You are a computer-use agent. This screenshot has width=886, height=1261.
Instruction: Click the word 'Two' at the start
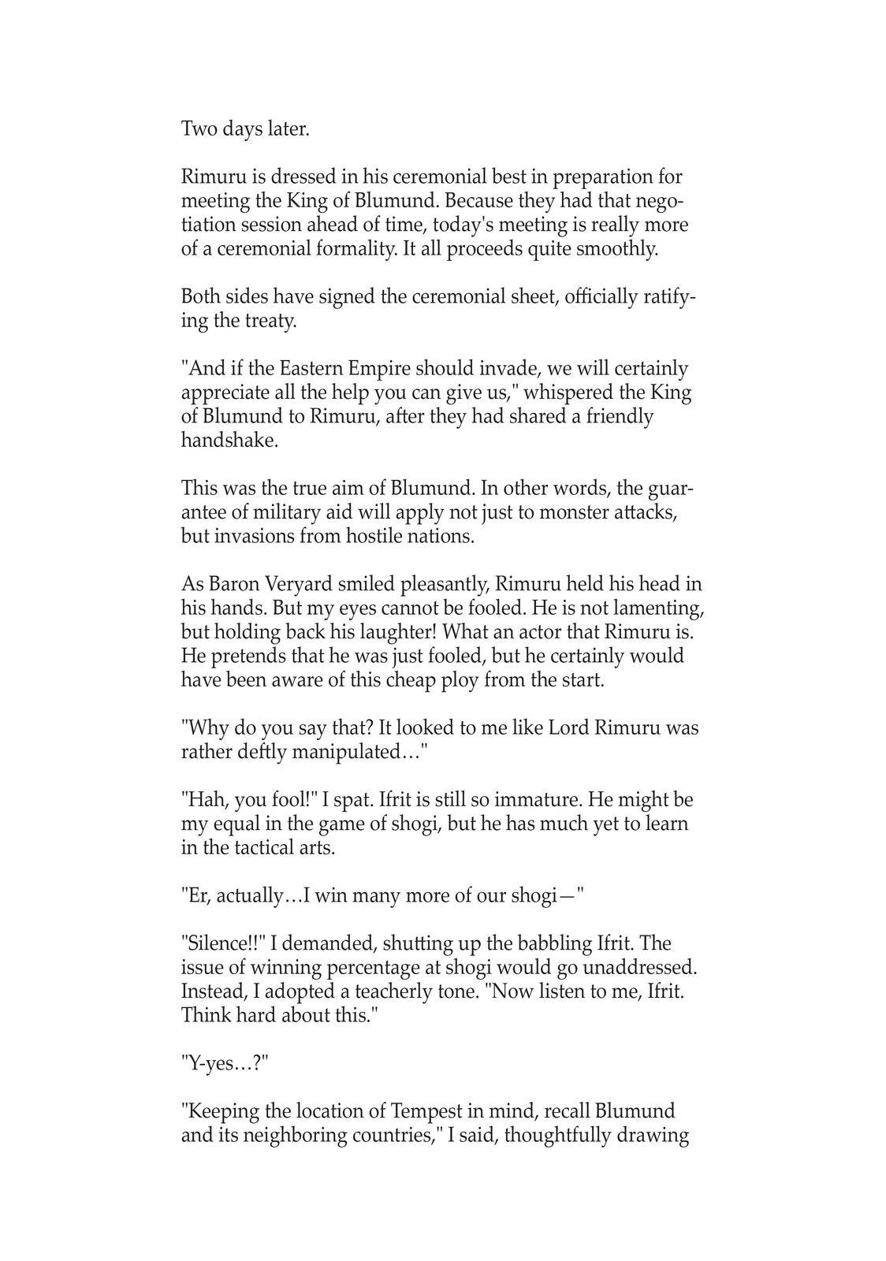click(x=199, y=129)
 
